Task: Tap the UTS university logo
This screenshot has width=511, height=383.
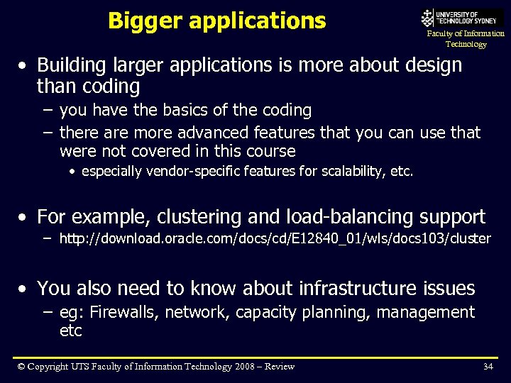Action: [x=462, y=18]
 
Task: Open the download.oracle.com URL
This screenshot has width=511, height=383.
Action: [x=275, y=238]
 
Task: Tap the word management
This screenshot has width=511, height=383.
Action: [x=426, y=312]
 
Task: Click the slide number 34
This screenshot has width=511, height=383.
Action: [x=488, y=367]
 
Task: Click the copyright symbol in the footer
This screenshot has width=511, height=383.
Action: [x=21, y=367]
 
